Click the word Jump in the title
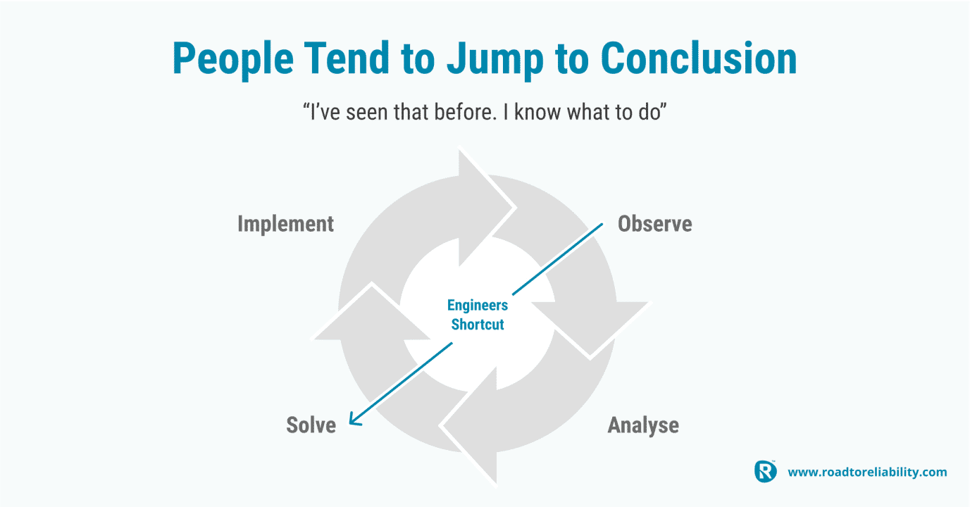pos(495,60)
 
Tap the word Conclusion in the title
pos(699,58)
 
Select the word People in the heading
pos(233,60)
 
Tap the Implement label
pos(286,225)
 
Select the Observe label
pos(654,224)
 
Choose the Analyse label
pos(643,425)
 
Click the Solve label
pos(311,425)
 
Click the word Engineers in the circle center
pos(477,306)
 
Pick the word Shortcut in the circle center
pos(477,325)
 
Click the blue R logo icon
pos(765,471)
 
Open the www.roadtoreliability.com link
pos(867,472)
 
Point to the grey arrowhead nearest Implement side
pos(371,313)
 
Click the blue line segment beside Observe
pos(557,259)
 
